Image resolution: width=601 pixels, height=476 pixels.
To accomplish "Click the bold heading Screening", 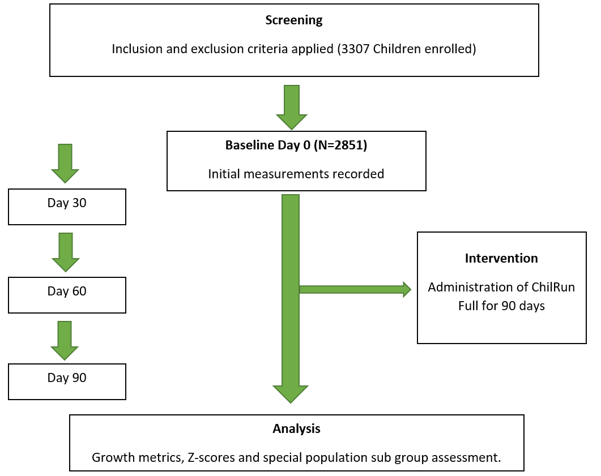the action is coord(294,20).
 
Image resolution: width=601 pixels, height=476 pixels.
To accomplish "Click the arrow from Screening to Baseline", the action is coord(292,107).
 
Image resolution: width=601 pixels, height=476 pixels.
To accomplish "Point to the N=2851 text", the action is coord(340,145).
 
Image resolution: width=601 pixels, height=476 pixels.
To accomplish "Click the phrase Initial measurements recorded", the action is coord(296,174).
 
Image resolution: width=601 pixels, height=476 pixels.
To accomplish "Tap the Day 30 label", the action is coord(67,203).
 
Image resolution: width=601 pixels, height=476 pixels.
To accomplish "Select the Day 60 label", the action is coord(67,291).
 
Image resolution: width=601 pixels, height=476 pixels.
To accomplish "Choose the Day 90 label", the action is coord(67,378).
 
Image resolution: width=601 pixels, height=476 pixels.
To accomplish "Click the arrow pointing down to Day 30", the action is coord(65,164).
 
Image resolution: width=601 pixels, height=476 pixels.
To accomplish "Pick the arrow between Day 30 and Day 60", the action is coord(66,252).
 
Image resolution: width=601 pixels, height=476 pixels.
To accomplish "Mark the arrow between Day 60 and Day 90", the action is coord(65,341).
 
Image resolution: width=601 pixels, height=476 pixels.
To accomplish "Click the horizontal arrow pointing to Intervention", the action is coord(355,290).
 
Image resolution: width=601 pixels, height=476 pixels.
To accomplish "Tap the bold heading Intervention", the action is coord(501,259).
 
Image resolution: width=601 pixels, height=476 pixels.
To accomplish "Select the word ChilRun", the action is coord(553,287).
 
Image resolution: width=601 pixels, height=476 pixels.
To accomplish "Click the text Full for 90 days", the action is coord(501,306).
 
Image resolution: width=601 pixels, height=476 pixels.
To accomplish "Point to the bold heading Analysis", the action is coord(296,428).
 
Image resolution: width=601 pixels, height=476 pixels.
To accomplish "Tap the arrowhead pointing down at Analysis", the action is coord(291,394).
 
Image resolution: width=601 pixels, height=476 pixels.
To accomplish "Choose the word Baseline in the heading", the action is coord(250,145).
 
